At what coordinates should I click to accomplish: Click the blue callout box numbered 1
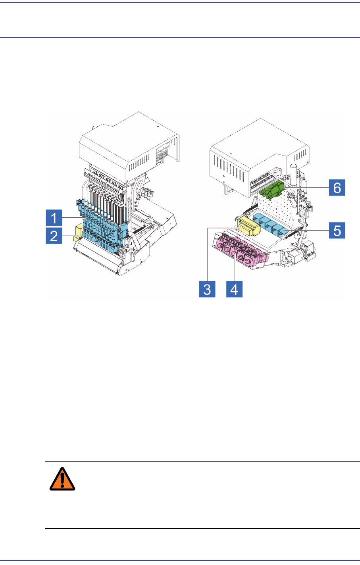tap(54, 218)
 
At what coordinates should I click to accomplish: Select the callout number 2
tap(54, 237)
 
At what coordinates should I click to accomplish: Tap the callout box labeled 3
tap(207, 289)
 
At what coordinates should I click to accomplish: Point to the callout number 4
tap(234, 289)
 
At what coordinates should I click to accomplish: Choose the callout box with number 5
tap(337, 230)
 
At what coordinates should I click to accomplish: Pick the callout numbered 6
tap(337, 187)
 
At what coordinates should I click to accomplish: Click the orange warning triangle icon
tap(62, 479)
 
